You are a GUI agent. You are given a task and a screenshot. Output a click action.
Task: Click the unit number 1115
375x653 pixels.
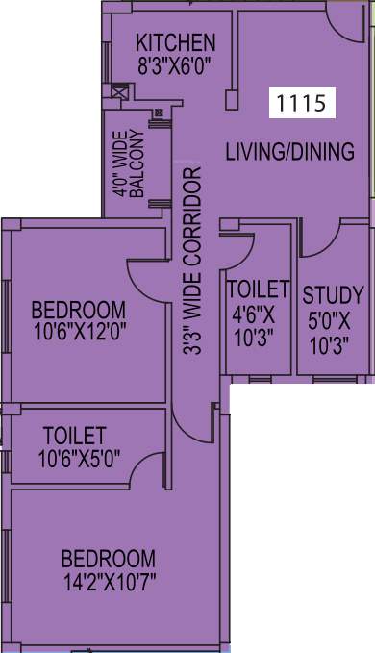pyautogui.click(x=301, y=102)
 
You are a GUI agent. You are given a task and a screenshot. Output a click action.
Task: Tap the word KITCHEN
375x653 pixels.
pyautogui.click(x=175, y=42)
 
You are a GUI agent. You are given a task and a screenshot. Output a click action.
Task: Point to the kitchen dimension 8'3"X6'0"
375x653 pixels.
pyautogui.click(x=175, y=65)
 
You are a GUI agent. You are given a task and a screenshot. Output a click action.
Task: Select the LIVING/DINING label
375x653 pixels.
pyautogui.click(x=290, y=151)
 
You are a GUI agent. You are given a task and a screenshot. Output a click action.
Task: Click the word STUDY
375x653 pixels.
pyautogui.click(x=333, y=294)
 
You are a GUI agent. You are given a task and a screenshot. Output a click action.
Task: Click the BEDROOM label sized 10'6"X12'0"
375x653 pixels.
pyautogui.click(x=79, y=310)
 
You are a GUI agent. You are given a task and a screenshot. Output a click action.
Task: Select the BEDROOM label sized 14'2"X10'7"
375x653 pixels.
pyautogui.click(x=109, y=559)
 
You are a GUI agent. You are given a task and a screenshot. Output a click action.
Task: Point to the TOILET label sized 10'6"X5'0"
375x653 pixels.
pyautogui.click(x=74, y=436)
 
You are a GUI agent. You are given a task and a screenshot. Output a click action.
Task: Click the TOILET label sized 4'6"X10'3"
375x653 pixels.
pyautogui.click(x=257, y=289)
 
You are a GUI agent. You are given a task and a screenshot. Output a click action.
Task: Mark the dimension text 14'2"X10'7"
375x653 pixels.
pyautogui.click(x=109, y=582)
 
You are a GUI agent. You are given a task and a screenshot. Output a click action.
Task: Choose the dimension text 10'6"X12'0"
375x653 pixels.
pyautogui.click(x=79, y=332)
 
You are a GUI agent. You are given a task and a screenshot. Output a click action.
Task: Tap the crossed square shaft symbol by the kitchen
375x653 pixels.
pyautogui.click(x=120, y=93)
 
